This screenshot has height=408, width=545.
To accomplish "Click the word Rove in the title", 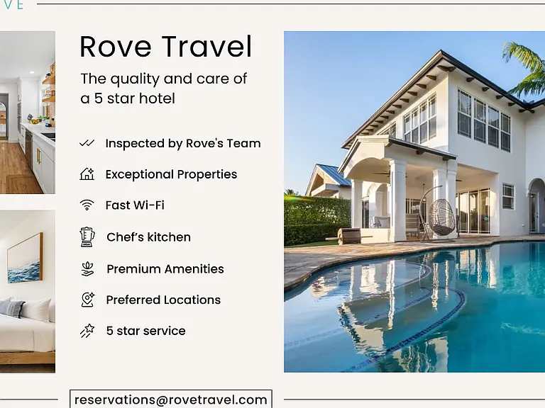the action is coord(116,46).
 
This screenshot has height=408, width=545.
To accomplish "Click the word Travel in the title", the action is coord(207,46).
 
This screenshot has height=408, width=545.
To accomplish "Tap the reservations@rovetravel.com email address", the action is coord(170,399).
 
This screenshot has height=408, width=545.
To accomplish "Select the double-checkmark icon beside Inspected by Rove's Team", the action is coord(87,143).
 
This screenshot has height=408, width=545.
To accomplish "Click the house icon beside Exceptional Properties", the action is coord(87,174).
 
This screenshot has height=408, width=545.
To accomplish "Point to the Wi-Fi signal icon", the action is coord(87,205).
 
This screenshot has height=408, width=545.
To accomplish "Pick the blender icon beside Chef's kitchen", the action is coord(87,237).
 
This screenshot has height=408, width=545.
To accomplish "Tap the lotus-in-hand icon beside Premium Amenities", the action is coord(87,269).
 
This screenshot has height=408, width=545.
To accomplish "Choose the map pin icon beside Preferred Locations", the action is coord(87,300).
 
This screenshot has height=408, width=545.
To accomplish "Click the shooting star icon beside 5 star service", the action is coord(87,331).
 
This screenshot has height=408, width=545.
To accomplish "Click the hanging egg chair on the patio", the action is coord(441,217).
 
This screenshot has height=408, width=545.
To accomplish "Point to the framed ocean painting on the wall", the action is coord(25,258).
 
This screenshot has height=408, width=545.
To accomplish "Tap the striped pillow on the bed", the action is coord(12,308).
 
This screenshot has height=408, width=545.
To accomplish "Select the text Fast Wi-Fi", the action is coord(135,205).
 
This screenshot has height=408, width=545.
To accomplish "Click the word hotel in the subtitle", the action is coord(157,98).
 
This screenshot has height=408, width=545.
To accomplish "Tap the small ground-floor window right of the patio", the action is coord(508,196).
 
